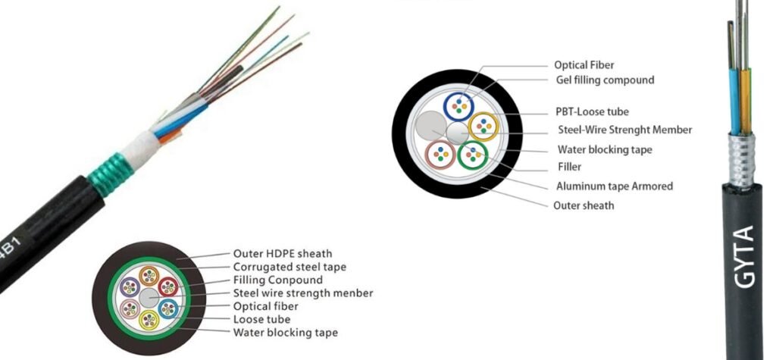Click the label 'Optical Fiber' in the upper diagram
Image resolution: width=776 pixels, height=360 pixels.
(x=584, y=65)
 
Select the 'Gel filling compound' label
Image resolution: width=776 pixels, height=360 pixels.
(x=604, y=80)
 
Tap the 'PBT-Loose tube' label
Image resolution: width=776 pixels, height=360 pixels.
(x=592, y=111)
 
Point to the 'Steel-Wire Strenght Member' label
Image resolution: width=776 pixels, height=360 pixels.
(x=624, y=130)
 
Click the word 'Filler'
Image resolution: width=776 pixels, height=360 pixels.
(x=569, y=167)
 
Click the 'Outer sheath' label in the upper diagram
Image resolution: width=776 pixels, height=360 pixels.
(x=584, y=205)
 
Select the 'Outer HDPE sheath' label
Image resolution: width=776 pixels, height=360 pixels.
(x=283, y=253)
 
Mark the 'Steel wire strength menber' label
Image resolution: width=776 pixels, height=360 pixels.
(x=303, y=293)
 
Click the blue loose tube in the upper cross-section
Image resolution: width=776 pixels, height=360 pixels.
(x=458, y=106)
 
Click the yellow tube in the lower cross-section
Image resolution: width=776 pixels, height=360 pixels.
(x=148, y=316)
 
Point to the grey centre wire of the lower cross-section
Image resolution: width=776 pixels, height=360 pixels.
(x=149, y=296)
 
